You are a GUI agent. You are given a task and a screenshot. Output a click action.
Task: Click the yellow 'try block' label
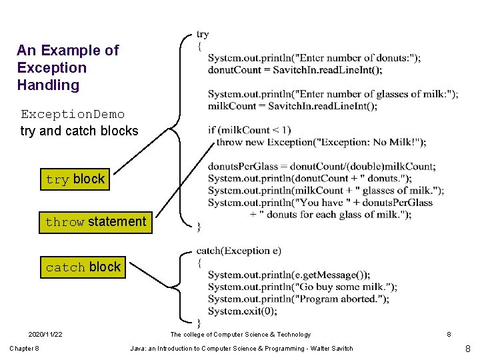75,179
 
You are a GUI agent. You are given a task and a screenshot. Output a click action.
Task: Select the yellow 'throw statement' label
95,222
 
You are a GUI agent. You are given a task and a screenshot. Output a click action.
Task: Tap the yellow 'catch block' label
83,267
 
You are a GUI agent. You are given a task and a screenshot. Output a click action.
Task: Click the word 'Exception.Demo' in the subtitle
73,114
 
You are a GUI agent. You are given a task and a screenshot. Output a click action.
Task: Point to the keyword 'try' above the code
203,34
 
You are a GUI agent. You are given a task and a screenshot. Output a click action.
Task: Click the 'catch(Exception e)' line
239,251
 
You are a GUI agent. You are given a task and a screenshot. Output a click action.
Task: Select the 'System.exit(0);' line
242,311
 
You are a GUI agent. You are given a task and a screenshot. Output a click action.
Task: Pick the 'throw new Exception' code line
321,142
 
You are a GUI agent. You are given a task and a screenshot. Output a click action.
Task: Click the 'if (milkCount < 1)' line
249,130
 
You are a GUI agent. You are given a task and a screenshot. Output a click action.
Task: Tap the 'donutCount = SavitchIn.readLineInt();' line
295,70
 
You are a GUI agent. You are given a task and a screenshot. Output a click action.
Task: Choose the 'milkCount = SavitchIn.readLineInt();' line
293,106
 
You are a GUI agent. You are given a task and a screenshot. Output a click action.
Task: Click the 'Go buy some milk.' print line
302,287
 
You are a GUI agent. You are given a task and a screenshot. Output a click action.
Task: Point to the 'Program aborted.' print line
298,299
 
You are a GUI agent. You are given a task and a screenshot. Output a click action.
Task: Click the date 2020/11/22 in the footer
45,335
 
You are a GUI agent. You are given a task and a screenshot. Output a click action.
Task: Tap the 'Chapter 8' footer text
24,349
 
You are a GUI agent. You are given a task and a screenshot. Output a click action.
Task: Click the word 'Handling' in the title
49,85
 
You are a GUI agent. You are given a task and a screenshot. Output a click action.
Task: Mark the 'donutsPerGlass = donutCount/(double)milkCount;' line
321,166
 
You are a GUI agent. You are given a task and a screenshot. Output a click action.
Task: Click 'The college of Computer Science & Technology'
240,335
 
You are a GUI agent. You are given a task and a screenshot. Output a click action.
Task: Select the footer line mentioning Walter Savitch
241,349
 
